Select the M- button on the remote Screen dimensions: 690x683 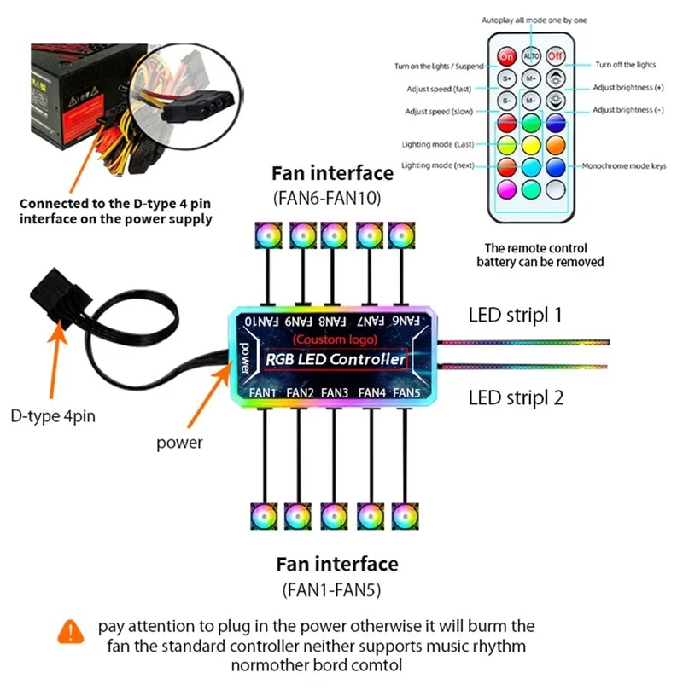coord(531,100)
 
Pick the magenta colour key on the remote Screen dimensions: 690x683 coord(506,188)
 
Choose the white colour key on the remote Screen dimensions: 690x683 coord(556,188)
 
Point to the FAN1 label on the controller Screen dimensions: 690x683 coord(263,391)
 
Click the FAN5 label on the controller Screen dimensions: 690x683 coord(408,391)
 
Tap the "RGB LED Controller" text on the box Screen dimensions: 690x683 coord(336,360)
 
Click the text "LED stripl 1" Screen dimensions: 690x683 coord(515,315)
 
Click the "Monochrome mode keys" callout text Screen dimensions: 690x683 coord(623,165)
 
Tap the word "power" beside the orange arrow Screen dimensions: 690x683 coord(179,443)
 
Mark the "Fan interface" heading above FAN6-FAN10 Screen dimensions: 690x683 coord(332,174)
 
